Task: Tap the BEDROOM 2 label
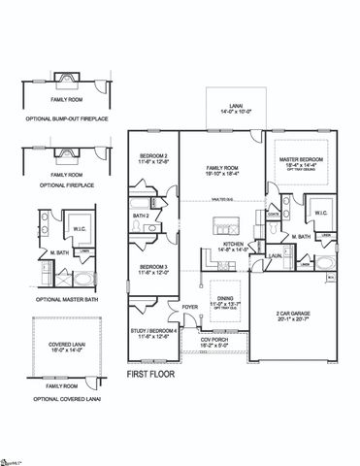coord(153,156)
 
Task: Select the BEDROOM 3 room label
coord(153,266)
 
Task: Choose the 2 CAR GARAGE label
coord(296,314)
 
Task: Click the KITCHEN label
coord(230,244)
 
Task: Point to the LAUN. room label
coord(276,255)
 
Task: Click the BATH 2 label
coord(141,216)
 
